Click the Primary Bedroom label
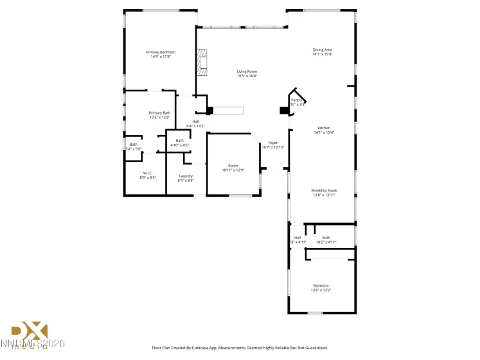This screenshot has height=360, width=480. click(x=161, y=52)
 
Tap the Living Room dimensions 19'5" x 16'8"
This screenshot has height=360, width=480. click(x=247, y=76)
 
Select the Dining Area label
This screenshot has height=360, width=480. click(x=322, y=50)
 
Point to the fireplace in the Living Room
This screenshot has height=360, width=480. click(x=203, y=63)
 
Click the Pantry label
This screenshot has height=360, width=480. click(x=296, y=100)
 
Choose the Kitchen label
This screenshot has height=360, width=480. click(x=322, y=128)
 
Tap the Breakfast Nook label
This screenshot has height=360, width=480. click(x=324, y=190)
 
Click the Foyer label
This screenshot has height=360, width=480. click(x=272, y=143)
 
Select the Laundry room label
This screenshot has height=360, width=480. click(x=186, y=176)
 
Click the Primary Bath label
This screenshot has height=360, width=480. click(x=159, y=113)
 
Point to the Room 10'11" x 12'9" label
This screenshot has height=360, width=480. click(x=233, y=166)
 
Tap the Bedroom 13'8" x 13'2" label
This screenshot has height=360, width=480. click(x=321, y=285)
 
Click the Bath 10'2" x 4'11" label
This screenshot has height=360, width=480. click(x=326, y=238)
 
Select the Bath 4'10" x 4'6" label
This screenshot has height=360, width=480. click(x=179, y=141)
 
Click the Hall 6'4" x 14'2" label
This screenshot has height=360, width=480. click(x=195, y=122)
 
